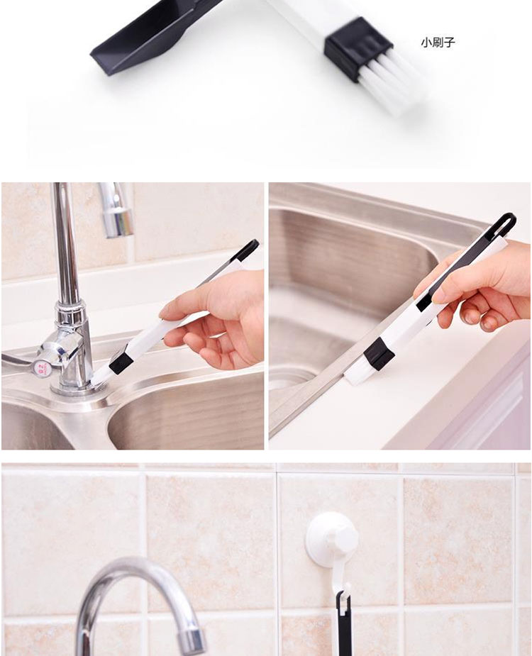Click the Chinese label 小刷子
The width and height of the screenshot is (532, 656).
pyautogui.click(x=438, y=43)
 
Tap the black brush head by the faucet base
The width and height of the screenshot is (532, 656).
pyautogui.click(x=121, y=359)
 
